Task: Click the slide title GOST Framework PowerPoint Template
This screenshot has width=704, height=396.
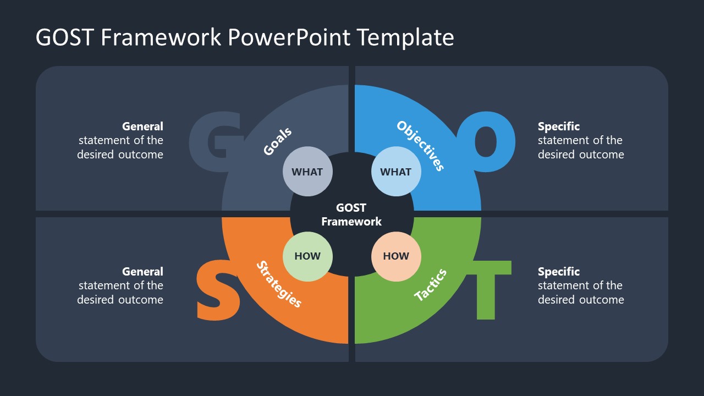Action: pyautogui.click(x=245, y=38)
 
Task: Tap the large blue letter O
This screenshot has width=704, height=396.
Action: pyautogui.click(x=486, y=142)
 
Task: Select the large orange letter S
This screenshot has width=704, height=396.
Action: pyautogui.click(x=218, y=291)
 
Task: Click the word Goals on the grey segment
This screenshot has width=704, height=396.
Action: pyautogui.click(x=277, y=141)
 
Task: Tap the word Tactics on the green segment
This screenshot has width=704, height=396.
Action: pyautogui.click(x=430, y=285)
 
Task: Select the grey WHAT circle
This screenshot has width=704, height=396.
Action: pyautogui.click(x=307, y=172)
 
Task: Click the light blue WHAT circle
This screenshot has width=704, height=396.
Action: pyautogui.click(x=396, y=172)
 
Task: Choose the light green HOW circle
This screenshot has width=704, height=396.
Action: pyautogui.click(x=307, y=256)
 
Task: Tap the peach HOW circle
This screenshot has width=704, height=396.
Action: pyautogui.click(x=396, y=256)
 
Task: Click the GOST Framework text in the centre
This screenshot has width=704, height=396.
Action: pyautogui.click(x=351, y=215)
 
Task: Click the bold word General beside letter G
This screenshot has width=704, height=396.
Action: pyautogui.click(x=142, y=127)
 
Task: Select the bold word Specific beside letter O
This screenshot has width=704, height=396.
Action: pyautogui.click(x=559, y=127)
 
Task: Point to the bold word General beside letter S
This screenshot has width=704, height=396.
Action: pyautogui.click(x=142, y=272)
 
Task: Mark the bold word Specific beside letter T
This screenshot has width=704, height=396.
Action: pyautogui.click(x=559, y=272)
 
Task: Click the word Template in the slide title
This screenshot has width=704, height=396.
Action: pyautogui.click(x=405, y=38)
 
